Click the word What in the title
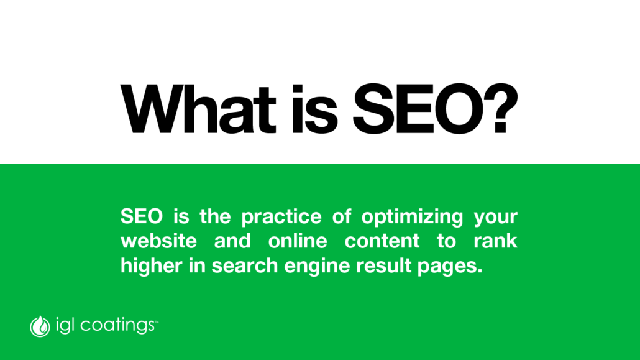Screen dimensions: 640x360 coord(198,109)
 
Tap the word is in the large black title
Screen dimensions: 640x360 coord(314,109)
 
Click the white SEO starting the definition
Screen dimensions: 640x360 coord(142,216)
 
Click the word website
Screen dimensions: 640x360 coord(159,241)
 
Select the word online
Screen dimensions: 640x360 coord(298,241)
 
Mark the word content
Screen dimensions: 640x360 coord(382,241)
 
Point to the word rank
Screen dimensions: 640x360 coord(495,241)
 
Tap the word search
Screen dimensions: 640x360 coord(244,265)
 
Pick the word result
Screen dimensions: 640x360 coord(383,265)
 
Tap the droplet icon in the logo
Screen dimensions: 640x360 coord(40,326)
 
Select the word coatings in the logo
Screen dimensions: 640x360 coord(117,326)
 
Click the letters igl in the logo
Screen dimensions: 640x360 coord(65,326)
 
